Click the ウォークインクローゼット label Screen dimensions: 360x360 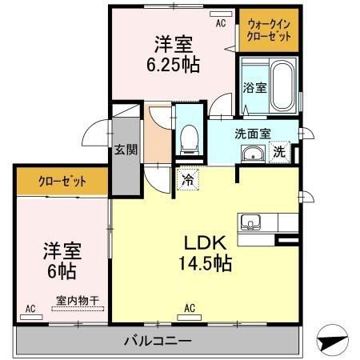click(x=270, y=31)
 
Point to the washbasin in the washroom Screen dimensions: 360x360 click(x=254, y=154)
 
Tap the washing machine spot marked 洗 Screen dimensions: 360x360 click(x=280, y=151)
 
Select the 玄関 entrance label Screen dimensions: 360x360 click(x=125, y=150)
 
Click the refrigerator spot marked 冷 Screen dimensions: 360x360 click(x=186, y=180)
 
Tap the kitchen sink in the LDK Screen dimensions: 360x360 click(x=249, y=222)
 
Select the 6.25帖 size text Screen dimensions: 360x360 click(x=171, y=63)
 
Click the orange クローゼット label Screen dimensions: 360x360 click(x=62, y=181)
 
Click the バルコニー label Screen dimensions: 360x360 click(x=158, y=342)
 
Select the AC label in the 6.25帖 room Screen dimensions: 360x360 click(x=221, y=23)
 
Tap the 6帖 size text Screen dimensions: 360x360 click(x=60, y=271)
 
